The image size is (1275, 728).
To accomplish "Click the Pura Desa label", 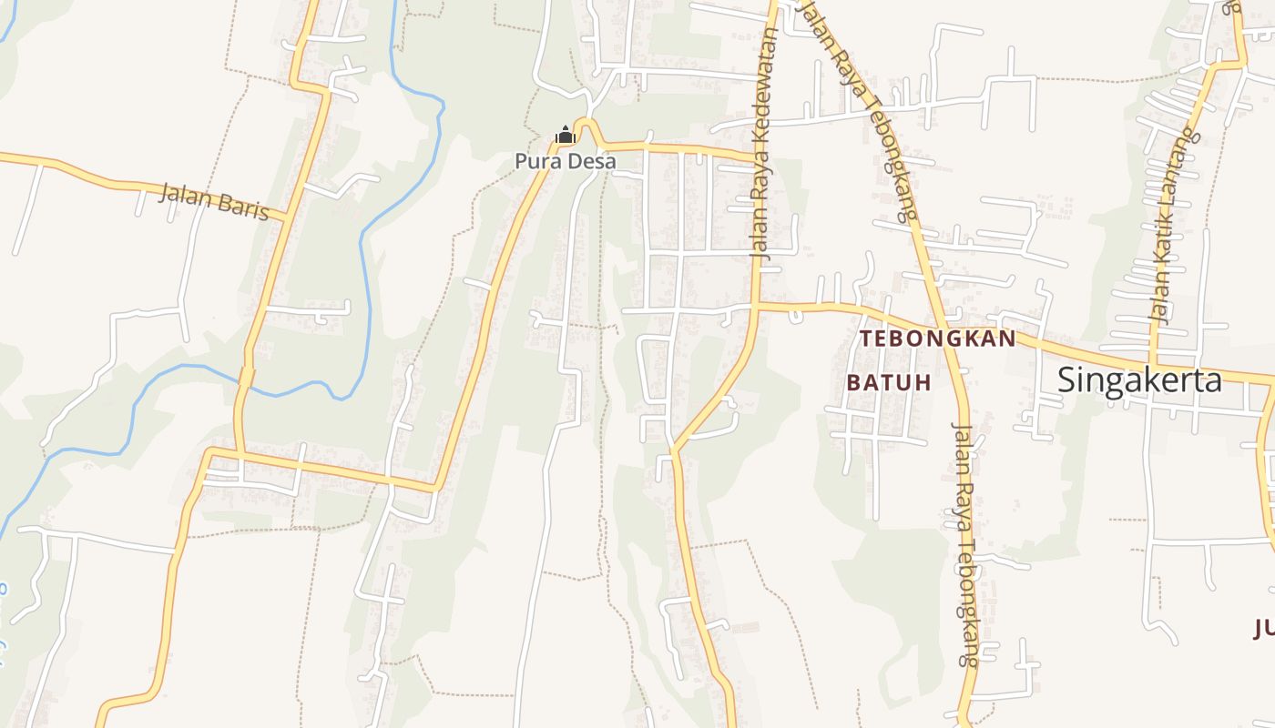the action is tap(565, 161).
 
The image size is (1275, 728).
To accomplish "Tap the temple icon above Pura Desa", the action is tap(566, 136).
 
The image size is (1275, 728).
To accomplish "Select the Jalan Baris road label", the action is tap(214, 202).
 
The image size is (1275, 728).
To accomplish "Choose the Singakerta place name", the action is tap(1139, 379).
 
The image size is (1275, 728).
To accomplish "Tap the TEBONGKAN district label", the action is tap(938, 339).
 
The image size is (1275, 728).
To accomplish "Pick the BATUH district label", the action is tap(889, 382).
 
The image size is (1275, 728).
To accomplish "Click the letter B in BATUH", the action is tap(853, 382).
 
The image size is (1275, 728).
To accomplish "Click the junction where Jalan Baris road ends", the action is tap(285, 218).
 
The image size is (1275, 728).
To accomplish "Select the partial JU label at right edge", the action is tap(1264, 628).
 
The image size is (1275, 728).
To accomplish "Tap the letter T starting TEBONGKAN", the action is tap(866, 339).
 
